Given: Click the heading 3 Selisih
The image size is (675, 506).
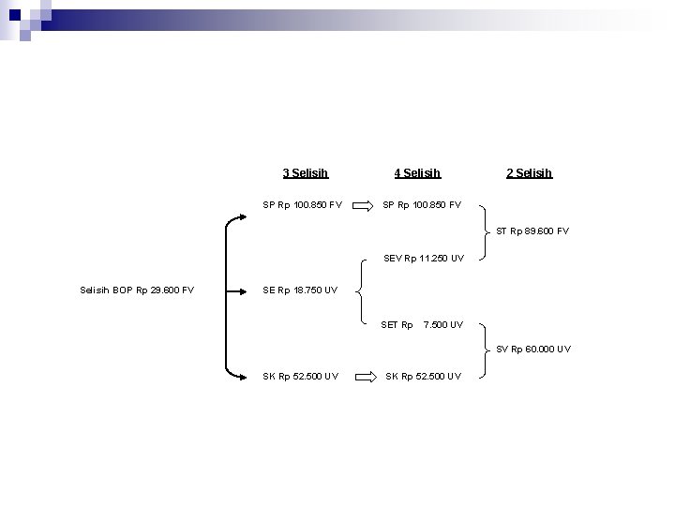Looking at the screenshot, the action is tap(306, 172).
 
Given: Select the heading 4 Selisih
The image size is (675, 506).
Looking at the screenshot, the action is tap(417, 172).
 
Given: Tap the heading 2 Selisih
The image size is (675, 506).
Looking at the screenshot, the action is tap(529, 172).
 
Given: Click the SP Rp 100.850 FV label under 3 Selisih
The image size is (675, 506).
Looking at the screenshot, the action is tap(302, 203).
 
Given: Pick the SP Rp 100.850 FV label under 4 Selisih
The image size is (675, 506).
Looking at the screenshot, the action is tap(422, 203).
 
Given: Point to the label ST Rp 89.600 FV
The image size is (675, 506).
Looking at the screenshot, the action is tap(532, 231).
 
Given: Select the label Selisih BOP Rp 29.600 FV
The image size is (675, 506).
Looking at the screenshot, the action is tap(138, 290).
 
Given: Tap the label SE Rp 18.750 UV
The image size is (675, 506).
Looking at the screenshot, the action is tap(300, 290).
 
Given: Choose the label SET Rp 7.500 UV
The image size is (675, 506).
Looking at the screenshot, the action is tap(422, 325).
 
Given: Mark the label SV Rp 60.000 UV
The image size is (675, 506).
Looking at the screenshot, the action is tap(533, 349).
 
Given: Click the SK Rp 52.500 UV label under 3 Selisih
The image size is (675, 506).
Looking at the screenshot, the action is tap(301, 377).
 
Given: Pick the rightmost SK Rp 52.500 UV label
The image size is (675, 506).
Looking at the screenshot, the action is tap(424, 377).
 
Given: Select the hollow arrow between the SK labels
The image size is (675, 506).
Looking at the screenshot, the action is tap(363, 377).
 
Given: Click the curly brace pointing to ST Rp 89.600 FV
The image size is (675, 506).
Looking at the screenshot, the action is tap(483, 231).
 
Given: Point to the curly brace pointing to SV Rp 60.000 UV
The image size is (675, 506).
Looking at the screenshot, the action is tap(483, 349).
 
